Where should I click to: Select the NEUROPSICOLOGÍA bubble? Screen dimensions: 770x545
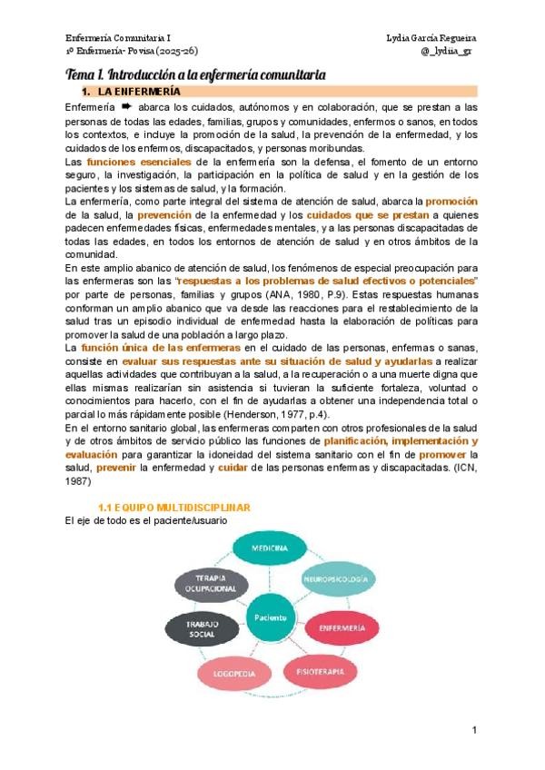335,578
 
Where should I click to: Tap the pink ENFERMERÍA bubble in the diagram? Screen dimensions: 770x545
342,627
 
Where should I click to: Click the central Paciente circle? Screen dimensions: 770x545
272,617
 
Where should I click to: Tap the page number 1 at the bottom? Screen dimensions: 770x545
474,731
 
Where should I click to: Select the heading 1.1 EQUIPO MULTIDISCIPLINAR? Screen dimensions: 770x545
173,508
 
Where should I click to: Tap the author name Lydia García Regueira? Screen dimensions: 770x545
431,38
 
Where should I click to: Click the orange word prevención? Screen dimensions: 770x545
177,215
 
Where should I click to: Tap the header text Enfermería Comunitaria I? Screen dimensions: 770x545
118,38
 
